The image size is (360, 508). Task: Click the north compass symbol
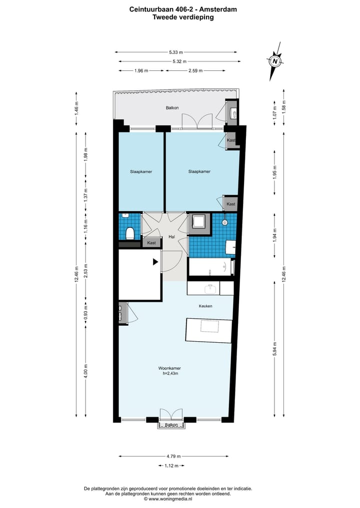pos(275,61)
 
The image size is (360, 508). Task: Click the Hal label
pos(171,237)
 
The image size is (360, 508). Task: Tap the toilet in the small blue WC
pos(130,233)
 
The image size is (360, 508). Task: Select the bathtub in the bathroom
pos(211,267)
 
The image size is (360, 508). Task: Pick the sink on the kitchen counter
pos(210,289)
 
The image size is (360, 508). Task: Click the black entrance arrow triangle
pos(155,261)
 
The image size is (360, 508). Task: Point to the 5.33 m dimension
pos(175,52)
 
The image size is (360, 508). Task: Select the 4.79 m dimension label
pos(173,456)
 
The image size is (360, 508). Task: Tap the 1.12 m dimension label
pos(171,466)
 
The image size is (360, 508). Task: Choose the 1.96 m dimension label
pos(141,71)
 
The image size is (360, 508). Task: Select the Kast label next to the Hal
pos(151,243)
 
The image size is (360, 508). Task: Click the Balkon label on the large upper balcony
pos(172,108)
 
